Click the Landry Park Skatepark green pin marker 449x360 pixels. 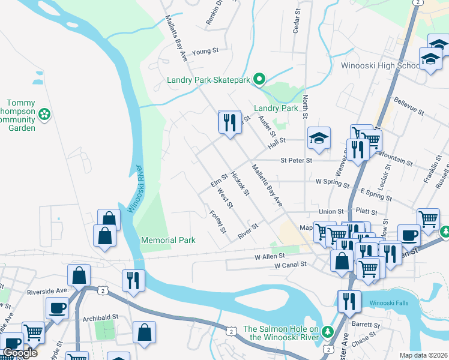click(x=259, y=79)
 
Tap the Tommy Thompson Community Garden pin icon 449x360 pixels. click(x=44, y=113)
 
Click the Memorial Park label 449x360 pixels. click(x=168, y=240)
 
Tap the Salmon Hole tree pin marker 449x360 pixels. click(x=327, y=331)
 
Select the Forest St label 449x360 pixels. click(x=218, y=221)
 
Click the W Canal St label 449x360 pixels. click(x=290, y=265)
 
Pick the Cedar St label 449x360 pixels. click(x=295, y=21)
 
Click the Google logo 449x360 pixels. click(x=20, y=353)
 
